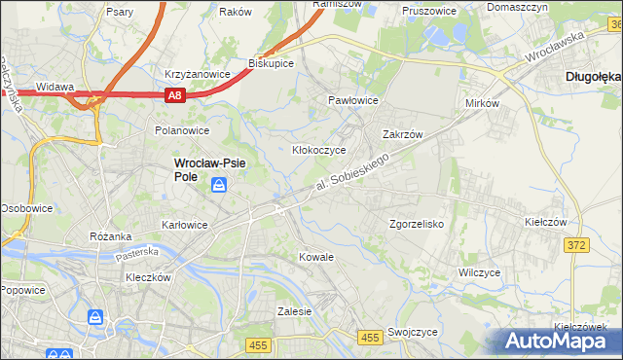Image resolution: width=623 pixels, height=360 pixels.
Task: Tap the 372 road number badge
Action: click(x=576, y=245)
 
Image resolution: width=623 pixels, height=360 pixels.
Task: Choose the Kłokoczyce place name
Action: click(x=320, y=151)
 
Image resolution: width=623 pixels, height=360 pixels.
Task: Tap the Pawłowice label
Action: click(x=352, y=100)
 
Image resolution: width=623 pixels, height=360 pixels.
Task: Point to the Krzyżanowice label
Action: click(x=198, y=74)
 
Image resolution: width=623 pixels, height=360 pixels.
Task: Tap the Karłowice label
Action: click(x=185, y=225)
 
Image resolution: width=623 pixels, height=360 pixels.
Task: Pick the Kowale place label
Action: click(x=316, y=257)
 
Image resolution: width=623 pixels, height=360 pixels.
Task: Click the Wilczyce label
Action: click(x=479, y=272)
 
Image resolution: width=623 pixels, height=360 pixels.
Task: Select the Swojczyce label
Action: click(x=412, y=332)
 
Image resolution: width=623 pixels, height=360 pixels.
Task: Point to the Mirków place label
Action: click(x=482, y=102)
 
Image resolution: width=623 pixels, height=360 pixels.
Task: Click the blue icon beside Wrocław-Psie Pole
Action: click(x=221, y=185)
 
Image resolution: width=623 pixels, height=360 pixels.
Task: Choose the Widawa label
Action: click(x=55, y=87)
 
